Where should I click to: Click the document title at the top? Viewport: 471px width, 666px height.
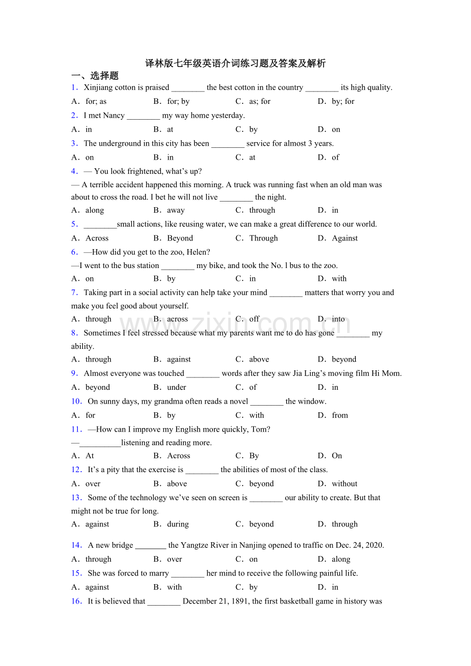pos(235,63)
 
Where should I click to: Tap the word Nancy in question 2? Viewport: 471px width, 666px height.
pos(114,116)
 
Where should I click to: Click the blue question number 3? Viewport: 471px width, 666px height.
pos(75,144)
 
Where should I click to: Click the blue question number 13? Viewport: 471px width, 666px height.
pos(77,498)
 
